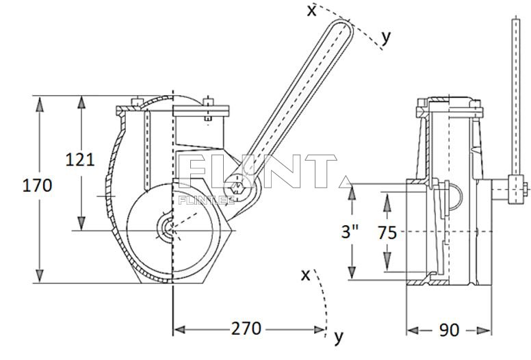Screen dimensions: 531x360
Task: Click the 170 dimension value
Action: coord(37,185)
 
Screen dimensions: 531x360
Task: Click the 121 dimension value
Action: coord(80,159)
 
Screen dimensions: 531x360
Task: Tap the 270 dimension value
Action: coord(246,328)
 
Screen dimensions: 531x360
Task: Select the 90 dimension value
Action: coord(449,330)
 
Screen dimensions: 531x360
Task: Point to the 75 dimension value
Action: coord(387,233)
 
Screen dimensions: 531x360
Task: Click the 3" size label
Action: coord(350,232)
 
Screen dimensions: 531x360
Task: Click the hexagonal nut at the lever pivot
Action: coord(237,187)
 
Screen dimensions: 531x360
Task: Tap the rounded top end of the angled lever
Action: coord(342,27)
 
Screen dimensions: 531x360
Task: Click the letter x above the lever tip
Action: coord(311,11)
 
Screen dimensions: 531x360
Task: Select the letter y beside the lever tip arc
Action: coord(387,37)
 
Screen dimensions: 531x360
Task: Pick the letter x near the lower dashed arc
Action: coord(305,275)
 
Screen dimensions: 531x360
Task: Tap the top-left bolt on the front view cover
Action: coord(136,102)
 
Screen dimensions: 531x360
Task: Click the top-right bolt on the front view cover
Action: coord(208,102)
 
